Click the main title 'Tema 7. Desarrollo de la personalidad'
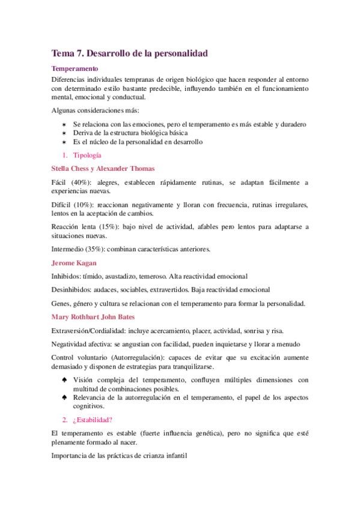click(130, 54)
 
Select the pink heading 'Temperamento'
click(75, 69)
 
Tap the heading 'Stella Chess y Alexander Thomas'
click(103, 168)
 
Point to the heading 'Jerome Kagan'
click(75, 263)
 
